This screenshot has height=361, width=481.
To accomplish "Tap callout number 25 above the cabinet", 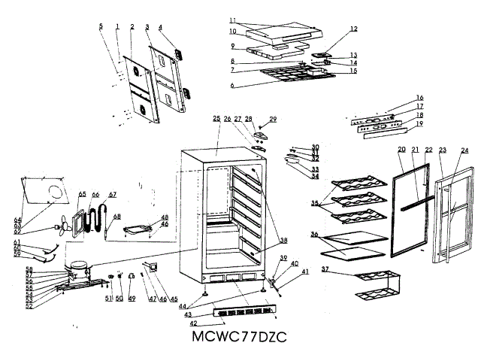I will tap(216, 119).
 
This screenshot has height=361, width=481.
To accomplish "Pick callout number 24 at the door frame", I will tap(464, 150).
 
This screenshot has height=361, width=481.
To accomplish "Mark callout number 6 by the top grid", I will tap(232, 86).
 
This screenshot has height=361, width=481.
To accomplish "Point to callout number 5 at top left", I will tap(101, 26).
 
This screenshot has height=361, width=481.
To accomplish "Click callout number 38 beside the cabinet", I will tap(283, 241).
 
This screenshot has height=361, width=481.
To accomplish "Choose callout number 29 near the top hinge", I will tap(273, 119).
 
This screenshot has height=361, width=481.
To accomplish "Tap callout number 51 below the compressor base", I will tap(107, 299).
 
